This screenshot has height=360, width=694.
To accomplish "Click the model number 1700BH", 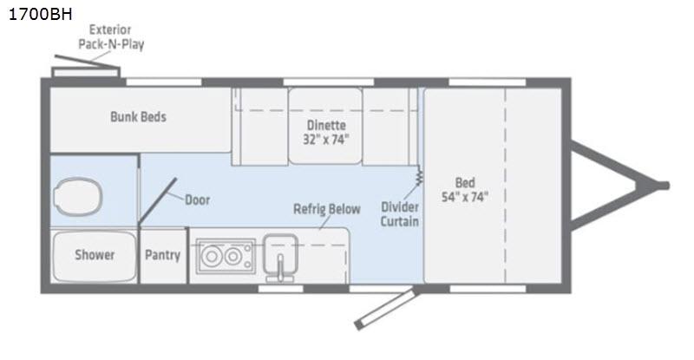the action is (40, 14).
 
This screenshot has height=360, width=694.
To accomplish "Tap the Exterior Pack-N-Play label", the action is (111, 36).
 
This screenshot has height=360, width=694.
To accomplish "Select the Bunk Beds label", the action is (138, 117).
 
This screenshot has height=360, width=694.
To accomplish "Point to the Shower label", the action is (95, 255).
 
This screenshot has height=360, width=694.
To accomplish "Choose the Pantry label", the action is (162, 255).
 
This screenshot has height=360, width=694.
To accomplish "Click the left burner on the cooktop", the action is (212, 256).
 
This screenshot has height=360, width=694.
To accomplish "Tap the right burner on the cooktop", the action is (232, 256).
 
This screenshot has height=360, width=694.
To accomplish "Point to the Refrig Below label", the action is (327, 209).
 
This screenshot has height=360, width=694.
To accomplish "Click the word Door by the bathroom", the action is (198, 200).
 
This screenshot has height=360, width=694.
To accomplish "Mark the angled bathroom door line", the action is (157, 200).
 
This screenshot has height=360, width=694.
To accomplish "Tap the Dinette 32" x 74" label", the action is (326, 132).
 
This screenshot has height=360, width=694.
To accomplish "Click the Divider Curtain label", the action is (400, 214).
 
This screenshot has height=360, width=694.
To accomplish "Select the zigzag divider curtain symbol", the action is (419, 176).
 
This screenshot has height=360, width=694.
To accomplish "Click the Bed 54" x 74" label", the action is (465, 189).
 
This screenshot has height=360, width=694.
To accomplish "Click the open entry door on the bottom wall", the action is (385, 308).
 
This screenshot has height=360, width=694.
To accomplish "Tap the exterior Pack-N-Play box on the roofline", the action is (86, 72).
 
